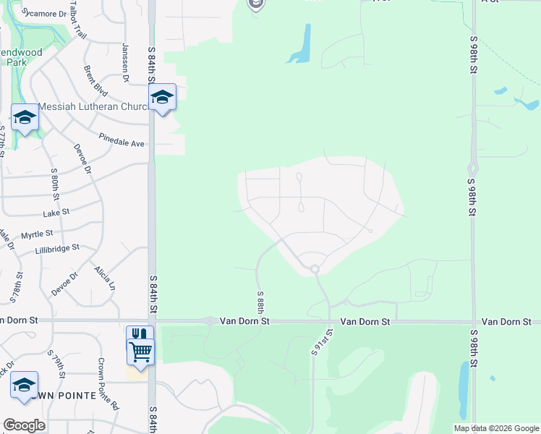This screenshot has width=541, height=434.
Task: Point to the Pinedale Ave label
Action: coord(122,139)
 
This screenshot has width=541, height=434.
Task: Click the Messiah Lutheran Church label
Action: coord(93,106)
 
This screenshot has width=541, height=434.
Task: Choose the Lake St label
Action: coord(56,213)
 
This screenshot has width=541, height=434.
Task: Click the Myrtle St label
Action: coord(37,234)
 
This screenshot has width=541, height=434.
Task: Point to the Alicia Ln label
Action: coord(104,278)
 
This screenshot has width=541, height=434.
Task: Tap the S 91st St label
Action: coord(322,341)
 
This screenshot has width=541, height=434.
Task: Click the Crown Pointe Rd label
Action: coord(108,384)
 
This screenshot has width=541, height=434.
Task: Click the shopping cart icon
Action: coord(140,352)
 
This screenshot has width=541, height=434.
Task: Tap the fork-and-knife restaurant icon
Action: coord(140,335)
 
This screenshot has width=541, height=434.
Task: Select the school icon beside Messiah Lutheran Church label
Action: coord(163,98)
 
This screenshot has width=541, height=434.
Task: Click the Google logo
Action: coord(24,425)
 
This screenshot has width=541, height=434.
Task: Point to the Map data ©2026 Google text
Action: coord(496,428)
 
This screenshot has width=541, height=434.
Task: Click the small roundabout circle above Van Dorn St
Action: coord(315,270)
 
